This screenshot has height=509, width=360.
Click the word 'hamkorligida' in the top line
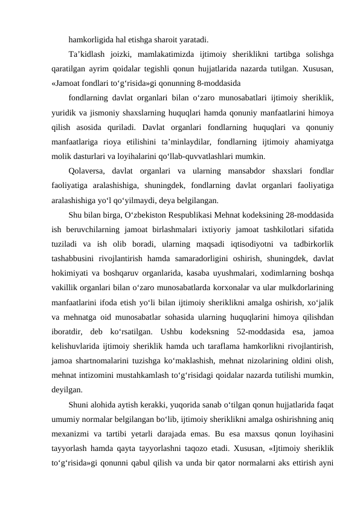[90, 41]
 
